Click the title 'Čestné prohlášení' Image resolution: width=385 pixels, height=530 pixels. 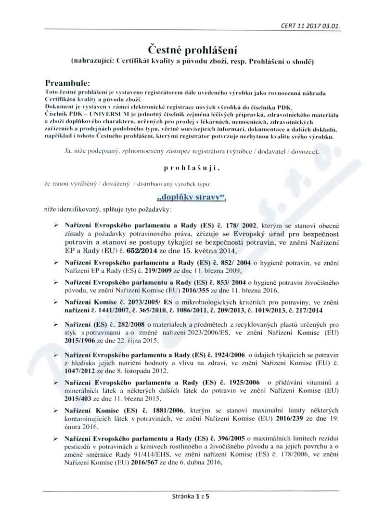(x=192, y=50)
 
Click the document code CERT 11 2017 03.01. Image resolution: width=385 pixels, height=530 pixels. (x=311, y=27)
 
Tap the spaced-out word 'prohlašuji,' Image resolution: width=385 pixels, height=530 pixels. (x=192, y=168)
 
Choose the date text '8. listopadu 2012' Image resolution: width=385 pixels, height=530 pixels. (x=139, y=371)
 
